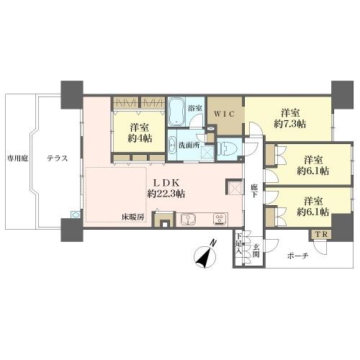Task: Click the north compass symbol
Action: click(x=204, y=256)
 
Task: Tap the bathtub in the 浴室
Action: click(x=176, y=112)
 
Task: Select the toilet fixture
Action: click(x=227, y=149)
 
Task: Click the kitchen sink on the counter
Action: click(x=188, y=220)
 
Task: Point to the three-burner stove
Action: click(x=220, y=220)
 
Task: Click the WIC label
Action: click(x=224, y=114)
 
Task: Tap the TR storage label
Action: click(x=321, y=235)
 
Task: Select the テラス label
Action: click(x=58, y=158)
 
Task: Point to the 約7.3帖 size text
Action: click(x=290, y=124)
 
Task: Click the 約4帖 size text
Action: click(x=140, y=138)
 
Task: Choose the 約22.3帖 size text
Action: click(x=166, y=194)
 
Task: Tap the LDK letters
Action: click(x=166, y=183)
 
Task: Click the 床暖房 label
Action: click(x=133, y=217)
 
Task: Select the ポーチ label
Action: click(x=298, y=256)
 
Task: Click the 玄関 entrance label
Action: click(x=256, y=251)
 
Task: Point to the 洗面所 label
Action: click(x=189, y=145)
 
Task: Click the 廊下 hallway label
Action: click(x=253, y=191)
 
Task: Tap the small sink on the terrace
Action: click(x=75, y=215)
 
